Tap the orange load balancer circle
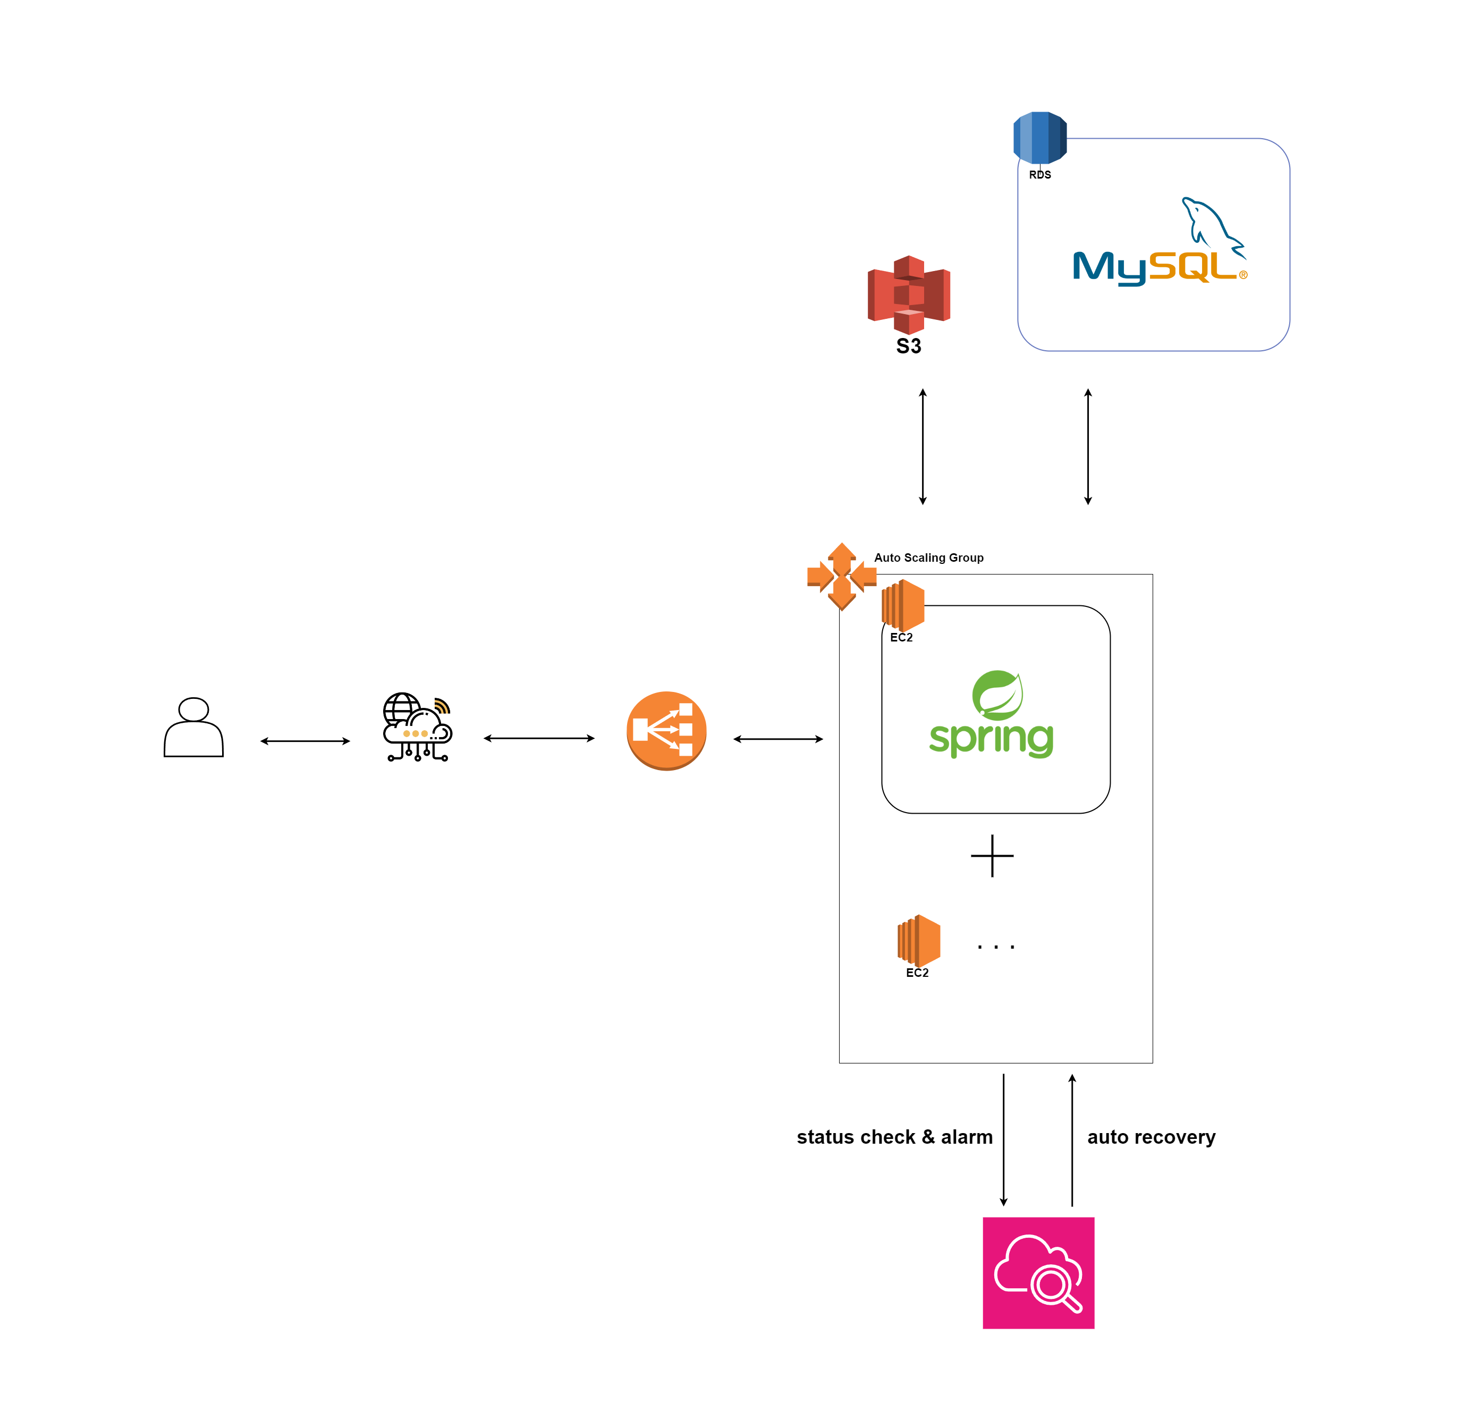pos(666,730)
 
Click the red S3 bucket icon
pos(909,294)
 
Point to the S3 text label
pos(909,347)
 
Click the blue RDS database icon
pos(1040,138)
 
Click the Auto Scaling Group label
pos(929,558)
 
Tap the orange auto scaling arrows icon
pos(842,576)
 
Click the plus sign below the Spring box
pos(992,856)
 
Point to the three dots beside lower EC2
pos(996,947)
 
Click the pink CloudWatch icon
pos(1039,1273)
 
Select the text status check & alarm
pos(894,1137)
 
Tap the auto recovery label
pos(1152,1137)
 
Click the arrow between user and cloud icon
pos(305,741)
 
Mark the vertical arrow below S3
pos(923,446)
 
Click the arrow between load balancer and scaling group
pos(778,739)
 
